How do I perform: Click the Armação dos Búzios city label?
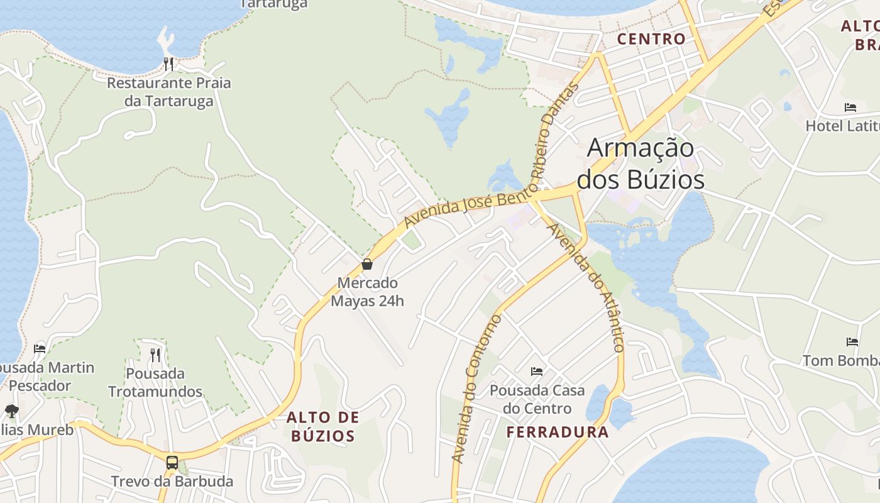(640, 164)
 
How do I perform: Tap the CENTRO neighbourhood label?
(651, 39)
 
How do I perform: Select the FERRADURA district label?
(558, 432)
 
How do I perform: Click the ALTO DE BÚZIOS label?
(323, 426)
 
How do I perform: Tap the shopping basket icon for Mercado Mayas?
(367, 264)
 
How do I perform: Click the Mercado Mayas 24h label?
(367, 292)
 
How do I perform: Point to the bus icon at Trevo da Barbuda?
(172, 463)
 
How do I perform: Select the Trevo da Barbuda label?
(172, 482)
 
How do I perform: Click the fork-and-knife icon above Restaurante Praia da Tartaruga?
(168, 64)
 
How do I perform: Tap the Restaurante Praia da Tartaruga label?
(168, 92)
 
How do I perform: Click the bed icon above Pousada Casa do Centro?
(536, 372)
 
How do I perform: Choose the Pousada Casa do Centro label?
(537, 399)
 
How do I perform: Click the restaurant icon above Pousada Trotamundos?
(155, 355)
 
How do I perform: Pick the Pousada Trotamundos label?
(155, 382)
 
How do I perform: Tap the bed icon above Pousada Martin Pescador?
(40, 348)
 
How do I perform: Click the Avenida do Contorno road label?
(478, 388)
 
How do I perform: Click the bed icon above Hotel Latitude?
(850, 108)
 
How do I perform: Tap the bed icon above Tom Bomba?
(852, 342)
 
